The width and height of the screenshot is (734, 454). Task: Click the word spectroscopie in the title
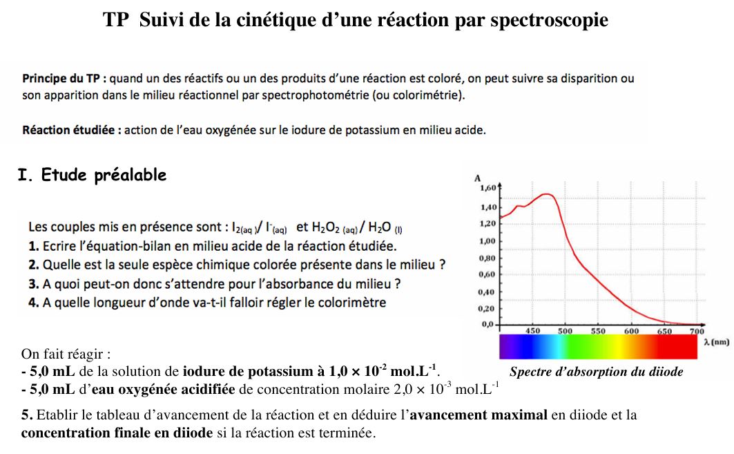click(549, 20)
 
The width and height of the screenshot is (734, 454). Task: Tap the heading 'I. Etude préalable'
click(92, 176)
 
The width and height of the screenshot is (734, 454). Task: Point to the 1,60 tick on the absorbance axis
click(487, 187)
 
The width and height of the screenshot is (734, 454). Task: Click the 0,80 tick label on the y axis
click(487, 258)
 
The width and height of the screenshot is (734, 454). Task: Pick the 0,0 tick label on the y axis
click(488, 324)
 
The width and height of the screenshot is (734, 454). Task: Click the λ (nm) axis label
click(716, 341)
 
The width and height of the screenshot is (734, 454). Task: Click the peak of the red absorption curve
click(547, 194)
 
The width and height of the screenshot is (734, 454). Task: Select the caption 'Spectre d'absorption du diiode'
click(596, 372)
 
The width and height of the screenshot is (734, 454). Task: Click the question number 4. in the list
click(33, 303)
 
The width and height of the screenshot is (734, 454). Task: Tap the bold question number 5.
click(27, 415)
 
